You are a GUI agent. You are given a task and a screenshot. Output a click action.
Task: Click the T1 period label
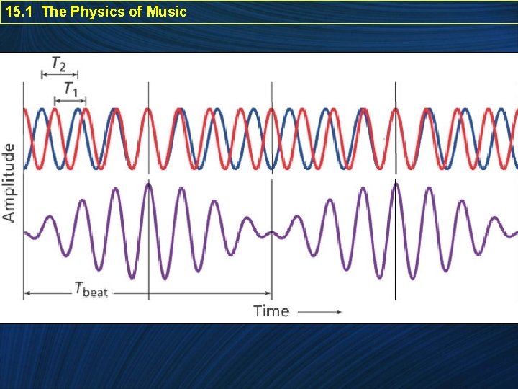[71, 89]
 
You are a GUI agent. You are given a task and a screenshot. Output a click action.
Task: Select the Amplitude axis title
[9, 182]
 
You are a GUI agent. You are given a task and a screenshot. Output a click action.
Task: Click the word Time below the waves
[271, 311]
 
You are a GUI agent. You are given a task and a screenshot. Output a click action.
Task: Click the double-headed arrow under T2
[59, 73]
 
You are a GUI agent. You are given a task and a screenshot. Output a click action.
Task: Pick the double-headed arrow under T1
[71, 100]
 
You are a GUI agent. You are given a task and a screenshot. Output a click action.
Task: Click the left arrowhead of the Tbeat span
[27, 293]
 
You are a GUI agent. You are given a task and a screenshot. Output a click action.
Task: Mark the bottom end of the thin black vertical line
[395, 298]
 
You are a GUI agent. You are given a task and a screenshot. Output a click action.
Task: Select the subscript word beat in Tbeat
[95, 292]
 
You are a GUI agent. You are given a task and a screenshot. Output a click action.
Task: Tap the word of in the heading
[137, 12]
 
